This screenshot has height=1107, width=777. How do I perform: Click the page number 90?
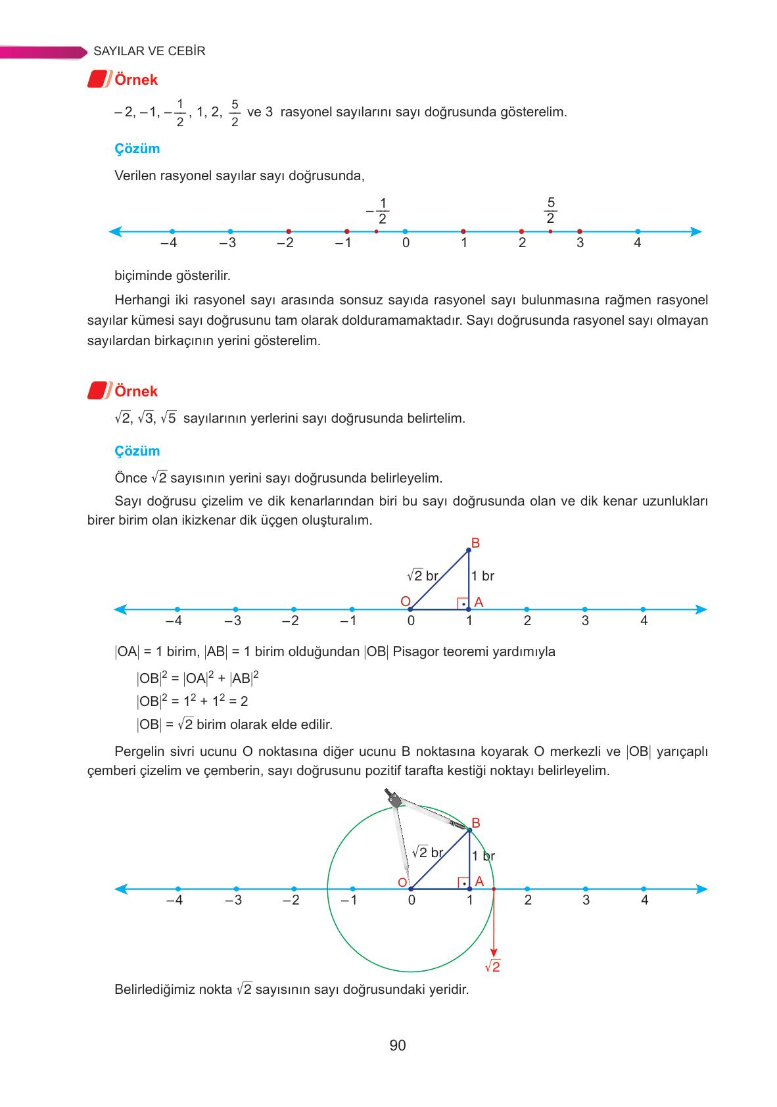click(x=397, y=1045)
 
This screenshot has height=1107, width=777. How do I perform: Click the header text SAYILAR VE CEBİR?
click(x=149, y=51)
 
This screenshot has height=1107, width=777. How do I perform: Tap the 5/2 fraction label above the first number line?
click(x=550, y=210)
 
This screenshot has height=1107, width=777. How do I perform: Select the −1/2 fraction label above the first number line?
click(x=378, y=210)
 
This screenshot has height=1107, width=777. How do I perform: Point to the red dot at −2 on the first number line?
click(x=289, y=231)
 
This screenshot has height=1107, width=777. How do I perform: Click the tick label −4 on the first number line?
click(x=169, y=243)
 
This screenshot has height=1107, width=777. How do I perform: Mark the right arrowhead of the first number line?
click(x=697, y=231)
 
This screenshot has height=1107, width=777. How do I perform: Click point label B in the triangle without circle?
click(x=475, y=543)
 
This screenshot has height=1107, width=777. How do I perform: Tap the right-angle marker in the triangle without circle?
click(x=463, y=603)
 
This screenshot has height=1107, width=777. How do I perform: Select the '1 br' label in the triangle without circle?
click(x=483, y=577)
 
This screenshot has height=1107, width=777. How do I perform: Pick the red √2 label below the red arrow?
click(x=492, y=967)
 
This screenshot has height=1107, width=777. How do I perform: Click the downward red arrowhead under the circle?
click(x=494, y=953)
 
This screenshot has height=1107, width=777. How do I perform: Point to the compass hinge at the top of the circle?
click(x=394, y=800)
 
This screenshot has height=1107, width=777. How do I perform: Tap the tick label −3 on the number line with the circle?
click(x=233, y=901)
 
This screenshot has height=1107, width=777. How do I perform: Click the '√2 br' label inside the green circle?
click(x=427, y=853)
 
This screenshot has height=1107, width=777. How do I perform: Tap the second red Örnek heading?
click(x=135, y=391)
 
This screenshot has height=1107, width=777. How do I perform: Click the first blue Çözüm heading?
click(x=137, y=149)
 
